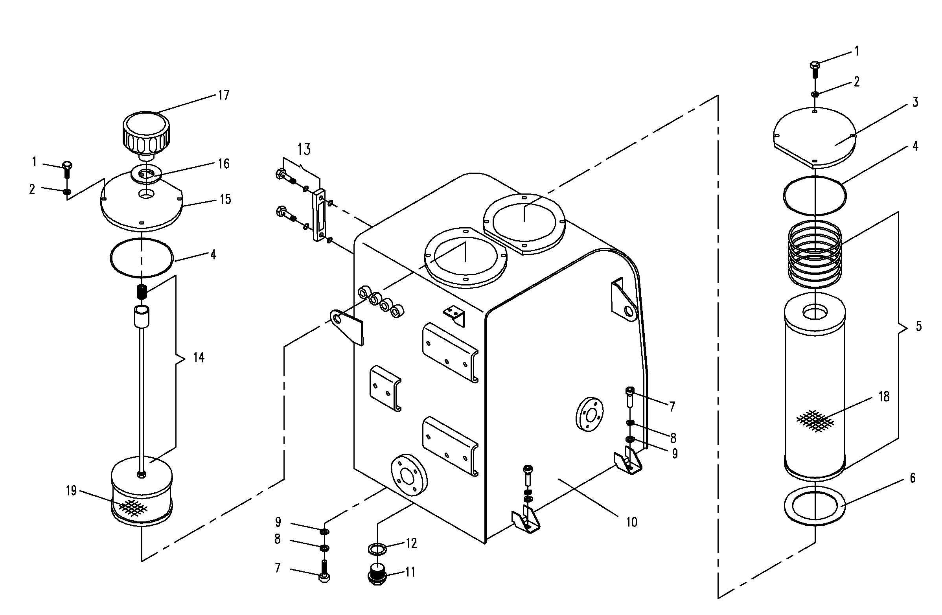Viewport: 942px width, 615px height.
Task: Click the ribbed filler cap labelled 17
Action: pyautogui.click(x=146, y=134)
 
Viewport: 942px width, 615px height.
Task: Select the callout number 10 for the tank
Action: pyautogui.click(x=631, y=522)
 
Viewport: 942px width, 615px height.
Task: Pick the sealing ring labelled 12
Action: pyautogui.click(x=377, y=549)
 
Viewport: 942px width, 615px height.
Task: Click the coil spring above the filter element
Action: pyautogui.click(x=815, y=254)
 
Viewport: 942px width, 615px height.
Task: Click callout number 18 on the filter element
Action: pyautogui.click(x=884, y=396)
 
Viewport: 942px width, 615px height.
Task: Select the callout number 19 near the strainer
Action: pyautogui.click(x=71, y=491)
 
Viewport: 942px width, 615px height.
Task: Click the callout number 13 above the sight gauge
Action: pyautogui.click(x=304, y=149)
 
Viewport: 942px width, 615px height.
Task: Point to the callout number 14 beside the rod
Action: pyautogui.click(x=199, y=358)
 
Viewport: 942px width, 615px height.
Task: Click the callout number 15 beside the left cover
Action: pyautogui.click(x=225, y=199)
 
